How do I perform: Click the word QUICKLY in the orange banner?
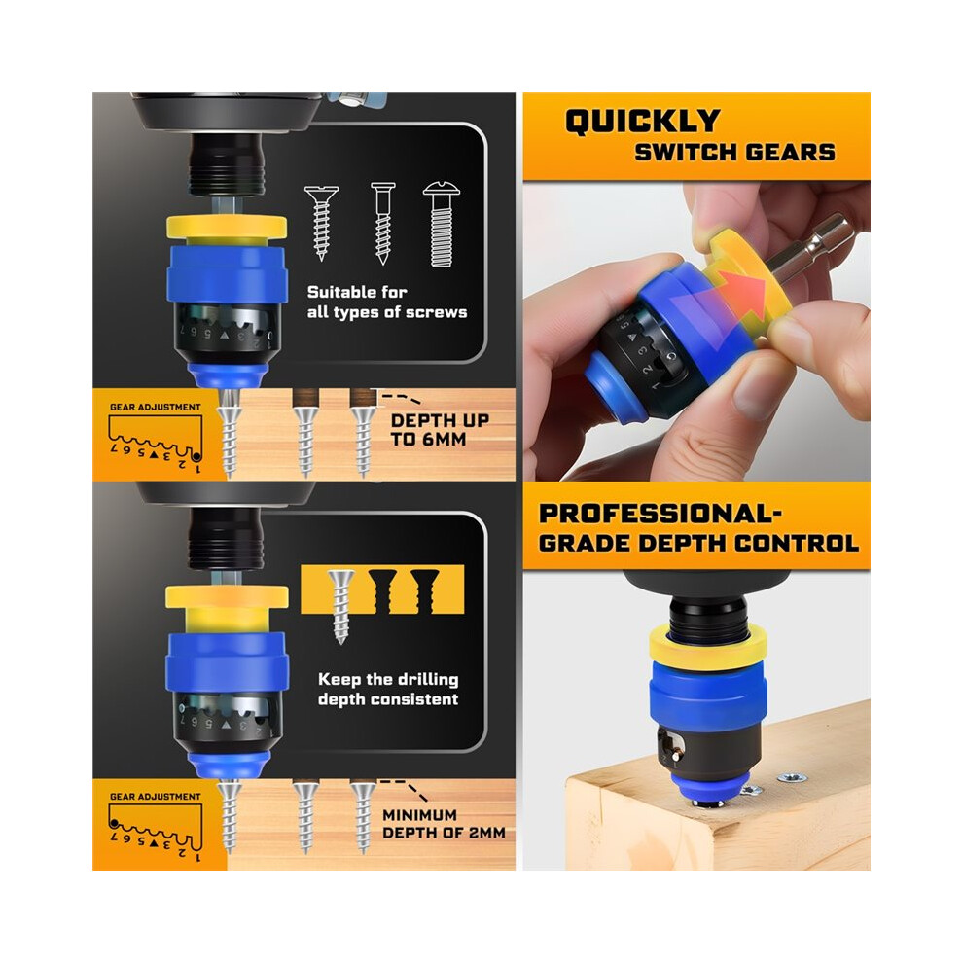[642, 121]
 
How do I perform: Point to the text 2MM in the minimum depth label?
[485, 833]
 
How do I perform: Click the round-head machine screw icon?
[441, 224]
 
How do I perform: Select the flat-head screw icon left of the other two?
[321, 223]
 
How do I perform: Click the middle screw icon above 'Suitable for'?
[382, 223]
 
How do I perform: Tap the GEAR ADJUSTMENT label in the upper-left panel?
[156, 407]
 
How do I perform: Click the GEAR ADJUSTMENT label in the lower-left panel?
[156, 796]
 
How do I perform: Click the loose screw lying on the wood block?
[792, 779]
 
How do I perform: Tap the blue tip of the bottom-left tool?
[229, 765]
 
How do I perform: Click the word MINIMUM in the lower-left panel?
[419, 815]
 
